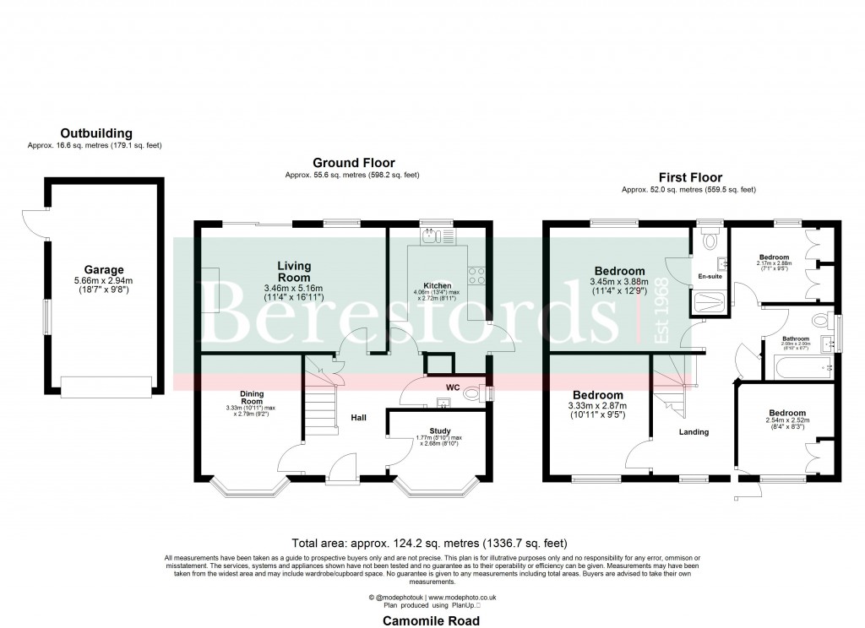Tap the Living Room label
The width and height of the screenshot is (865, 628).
click(x=294, y=271)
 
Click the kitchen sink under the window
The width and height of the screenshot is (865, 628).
click(x=432, y=237)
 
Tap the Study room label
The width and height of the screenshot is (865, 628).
click(x=440, y=430)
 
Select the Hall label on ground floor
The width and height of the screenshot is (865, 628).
click(x=358, y=416)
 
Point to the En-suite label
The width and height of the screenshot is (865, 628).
click(x=709, y=277)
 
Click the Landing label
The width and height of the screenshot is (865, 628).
click(x=694, y=432)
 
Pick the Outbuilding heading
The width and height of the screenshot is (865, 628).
click(x=95, y=133)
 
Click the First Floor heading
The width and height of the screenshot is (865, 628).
click(x=690, y=178)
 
